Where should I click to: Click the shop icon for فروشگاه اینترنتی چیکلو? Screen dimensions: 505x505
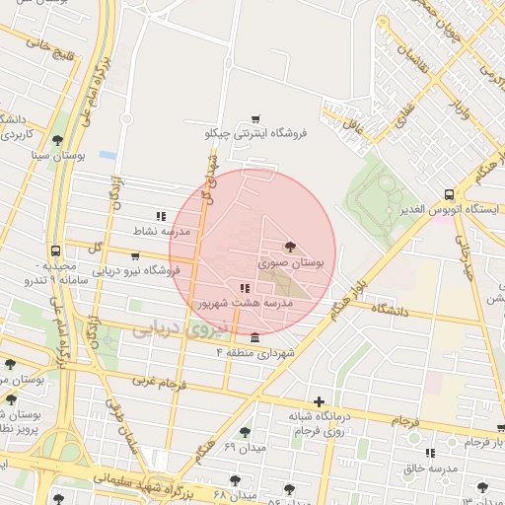point(256,118)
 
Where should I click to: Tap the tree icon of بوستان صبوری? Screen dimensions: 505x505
point(289,248)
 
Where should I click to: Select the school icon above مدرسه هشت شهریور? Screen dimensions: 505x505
point(245,289)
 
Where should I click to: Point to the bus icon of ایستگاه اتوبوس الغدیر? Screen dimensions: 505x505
point(450,194)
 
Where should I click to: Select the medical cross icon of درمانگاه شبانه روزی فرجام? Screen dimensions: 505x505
point(318,401)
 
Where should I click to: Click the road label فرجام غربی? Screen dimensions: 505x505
point(158,379)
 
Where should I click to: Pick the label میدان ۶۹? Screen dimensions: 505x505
point(243,448)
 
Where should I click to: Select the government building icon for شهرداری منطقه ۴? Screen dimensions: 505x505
point(256,338)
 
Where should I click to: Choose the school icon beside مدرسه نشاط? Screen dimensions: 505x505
point(161,216)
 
